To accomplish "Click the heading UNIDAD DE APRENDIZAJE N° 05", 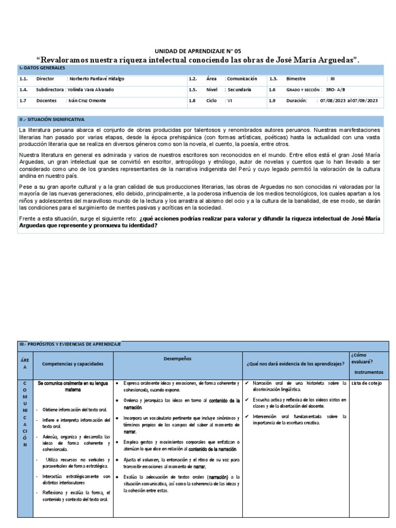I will (198, 51).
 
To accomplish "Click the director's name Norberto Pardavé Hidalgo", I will (95, 79).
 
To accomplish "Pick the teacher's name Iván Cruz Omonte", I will (86, 101).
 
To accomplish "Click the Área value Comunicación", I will (241, 79).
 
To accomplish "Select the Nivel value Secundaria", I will (238, 90).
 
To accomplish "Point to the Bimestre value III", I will (332, 79).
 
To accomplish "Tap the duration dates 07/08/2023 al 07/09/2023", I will (349, 101).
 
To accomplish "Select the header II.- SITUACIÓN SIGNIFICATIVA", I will (52, 119).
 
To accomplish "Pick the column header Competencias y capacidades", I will (73, 364).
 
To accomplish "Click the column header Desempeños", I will (177, 358).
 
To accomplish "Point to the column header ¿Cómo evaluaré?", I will (362, 358).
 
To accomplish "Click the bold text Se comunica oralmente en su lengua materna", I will (73, 387).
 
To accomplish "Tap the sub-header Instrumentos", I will (369, 372).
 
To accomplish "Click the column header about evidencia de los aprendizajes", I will (295, 364).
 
